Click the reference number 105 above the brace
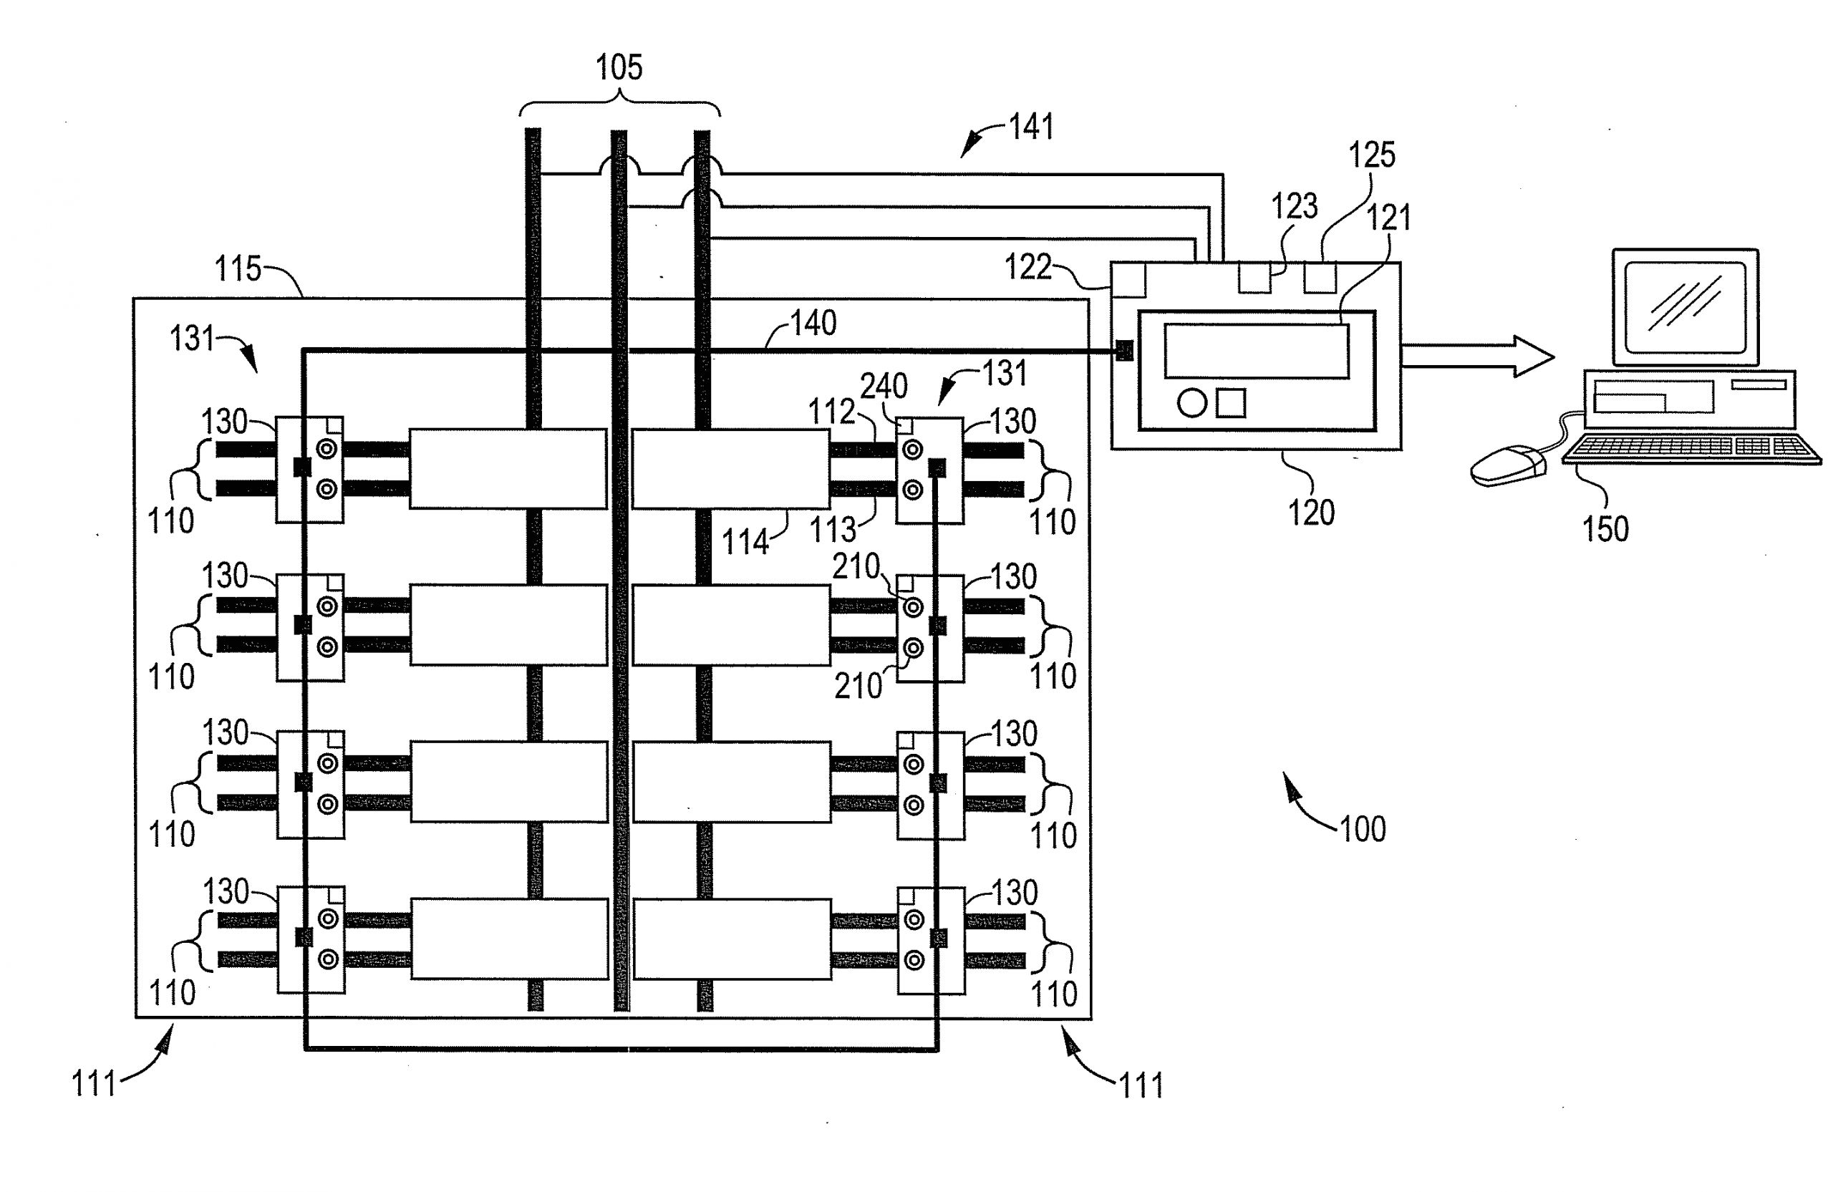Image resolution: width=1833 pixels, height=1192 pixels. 619,68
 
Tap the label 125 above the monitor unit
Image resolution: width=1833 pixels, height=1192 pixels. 1372,155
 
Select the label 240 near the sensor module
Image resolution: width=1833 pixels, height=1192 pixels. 884,386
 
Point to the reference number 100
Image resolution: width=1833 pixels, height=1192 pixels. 1363,829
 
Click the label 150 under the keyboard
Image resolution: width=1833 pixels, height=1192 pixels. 1605,529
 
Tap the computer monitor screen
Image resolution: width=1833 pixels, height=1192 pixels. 1684,306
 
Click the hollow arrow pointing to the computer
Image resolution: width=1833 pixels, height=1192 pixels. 1475,357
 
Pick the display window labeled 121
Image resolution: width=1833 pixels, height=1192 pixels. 1256,351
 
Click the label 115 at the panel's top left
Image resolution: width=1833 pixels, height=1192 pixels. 237,268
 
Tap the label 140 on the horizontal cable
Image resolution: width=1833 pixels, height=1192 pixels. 813,323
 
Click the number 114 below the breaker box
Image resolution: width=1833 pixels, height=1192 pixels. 745,542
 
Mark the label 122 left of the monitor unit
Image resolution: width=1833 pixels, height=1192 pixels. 1027,267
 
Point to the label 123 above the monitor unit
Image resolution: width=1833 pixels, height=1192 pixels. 1294,206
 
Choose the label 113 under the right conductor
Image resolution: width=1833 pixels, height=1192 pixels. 833,529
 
